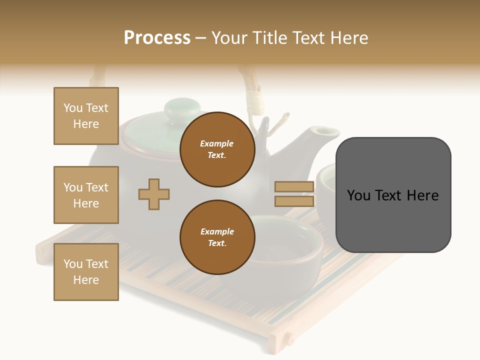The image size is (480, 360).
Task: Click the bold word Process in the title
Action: tap(157, 38)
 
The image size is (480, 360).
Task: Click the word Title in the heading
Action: tap(269, 38)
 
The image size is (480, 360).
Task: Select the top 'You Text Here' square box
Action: tap(86, 116)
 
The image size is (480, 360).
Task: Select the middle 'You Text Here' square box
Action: tap(86, 195)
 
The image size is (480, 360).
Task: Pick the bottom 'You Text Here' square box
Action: tap(86, 272)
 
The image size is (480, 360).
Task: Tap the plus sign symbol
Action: tap(154, 194)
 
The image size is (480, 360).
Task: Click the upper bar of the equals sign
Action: tap(294, 186)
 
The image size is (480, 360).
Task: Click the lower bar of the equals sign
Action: tap(294, 201)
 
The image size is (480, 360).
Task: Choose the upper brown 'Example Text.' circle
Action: tap(217, 149)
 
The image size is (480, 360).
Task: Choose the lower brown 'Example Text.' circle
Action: tap(217, 237)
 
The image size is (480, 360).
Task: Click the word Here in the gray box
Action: tap(422, 195)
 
